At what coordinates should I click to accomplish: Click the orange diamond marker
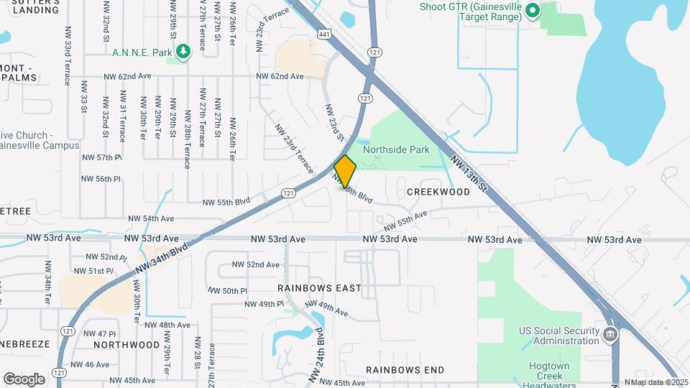(346, 172)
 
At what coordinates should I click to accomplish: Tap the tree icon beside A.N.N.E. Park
(185, 52)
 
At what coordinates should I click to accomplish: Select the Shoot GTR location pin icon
(533, 11)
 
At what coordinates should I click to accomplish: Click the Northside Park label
(396, 149)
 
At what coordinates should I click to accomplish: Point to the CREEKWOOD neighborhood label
(438, 192)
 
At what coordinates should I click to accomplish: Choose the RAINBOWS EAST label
(320, 288)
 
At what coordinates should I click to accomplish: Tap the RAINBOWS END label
(405, 370)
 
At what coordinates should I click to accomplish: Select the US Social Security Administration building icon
(609, 334)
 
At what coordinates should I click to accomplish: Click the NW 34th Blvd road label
(161, 257)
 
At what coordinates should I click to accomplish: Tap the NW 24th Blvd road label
(316, 355)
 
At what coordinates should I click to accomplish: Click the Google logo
(24, 379)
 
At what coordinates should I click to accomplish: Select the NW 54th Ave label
(151, 218)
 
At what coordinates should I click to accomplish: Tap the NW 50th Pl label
(229, 291)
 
